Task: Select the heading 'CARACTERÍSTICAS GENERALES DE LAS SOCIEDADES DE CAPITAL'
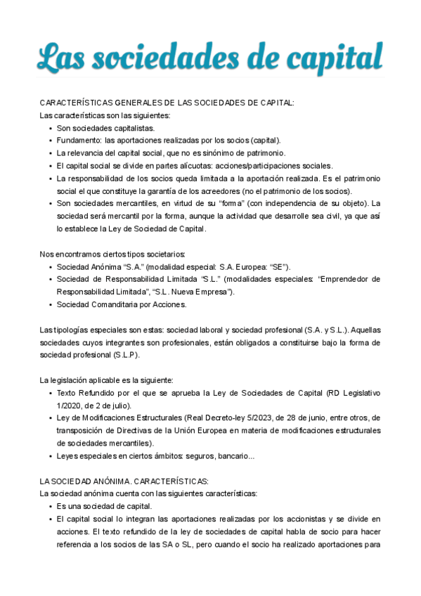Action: click(x=167, y=103)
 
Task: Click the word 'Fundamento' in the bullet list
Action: click(x=78, y=140)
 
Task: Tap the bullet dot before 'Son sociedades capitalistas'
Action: click(x=50, y=128)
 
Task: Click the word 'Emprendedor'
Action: click(x=349, y=279)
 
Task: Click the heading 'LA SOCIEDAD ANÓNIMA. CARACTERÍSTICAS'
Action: click(x=124, y=481)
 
